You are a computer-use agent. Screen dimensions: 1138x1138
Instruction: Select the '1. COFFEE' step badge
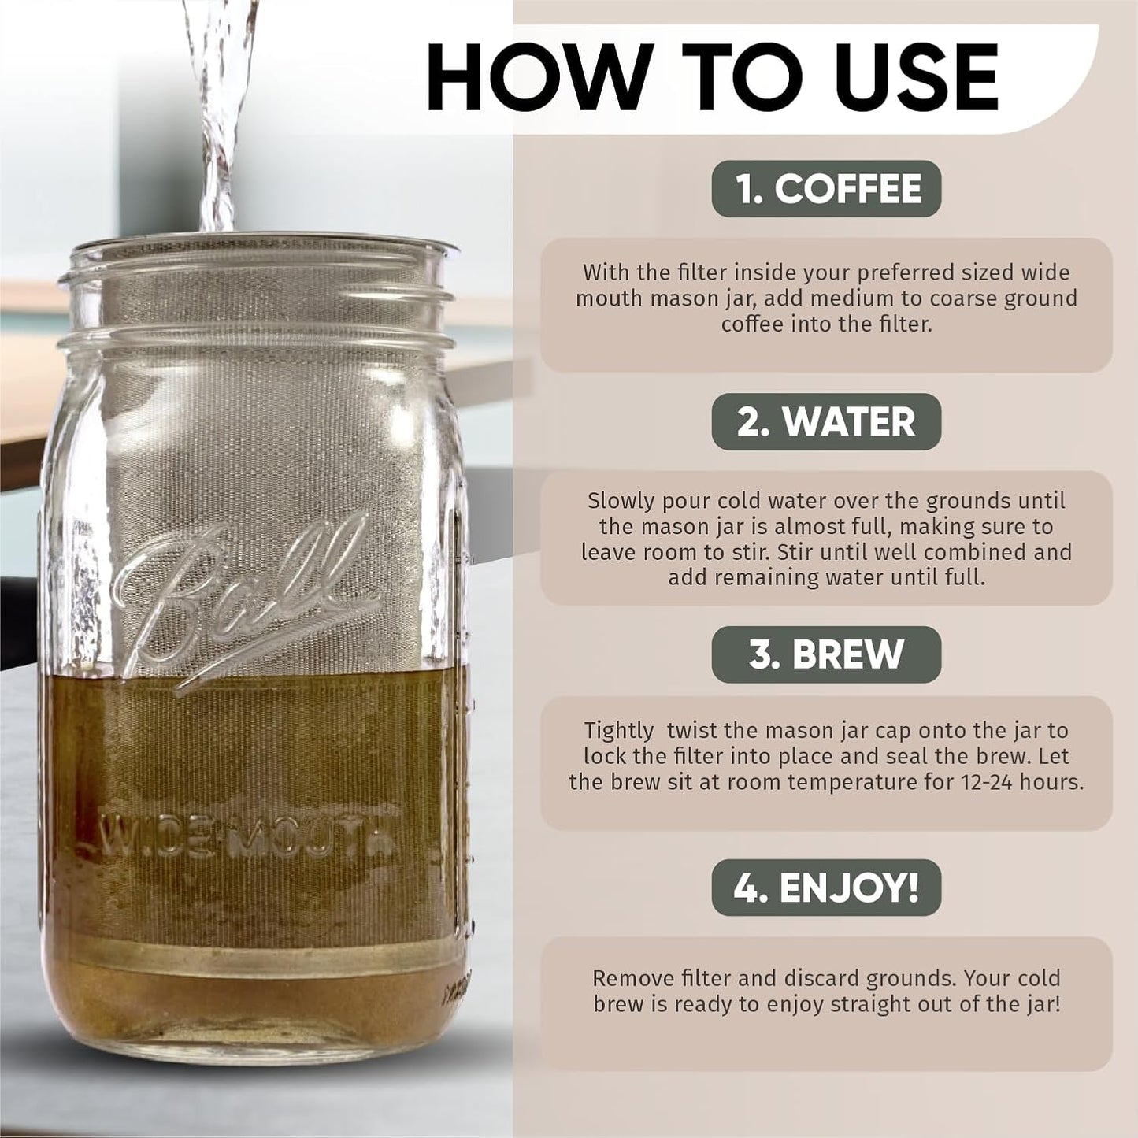coord(826,189)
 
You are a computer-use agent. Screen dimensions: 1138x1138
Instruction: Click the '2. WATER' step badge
coord(826,422)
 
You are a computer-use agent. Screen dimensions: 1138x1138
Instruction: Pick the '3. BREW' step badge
coord(826,654)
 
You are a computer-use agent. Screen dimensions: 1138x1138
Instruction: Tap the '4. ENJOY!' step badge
coord(826,888)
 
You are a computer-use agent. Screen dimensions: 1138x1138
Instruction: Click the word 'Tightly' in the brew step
coord(619,731)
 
